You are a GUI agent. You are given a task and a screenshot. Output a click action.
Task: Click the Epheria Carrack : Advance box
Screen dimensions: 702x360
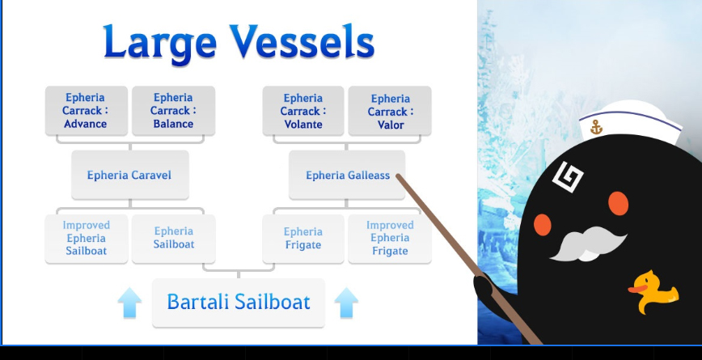[x=87, y=111]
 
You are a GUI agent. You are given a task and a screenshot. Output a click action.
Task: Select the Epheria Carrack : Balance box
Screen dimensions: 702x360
[x=173, y=111]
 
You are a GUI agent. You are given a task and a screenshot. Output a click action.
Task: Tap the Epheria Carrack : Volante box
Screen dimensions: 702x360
[x=303, y=111]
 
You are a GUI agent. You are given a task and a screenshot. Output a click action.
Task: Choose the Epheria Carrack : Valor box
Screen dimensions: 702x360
[x=390, y=111]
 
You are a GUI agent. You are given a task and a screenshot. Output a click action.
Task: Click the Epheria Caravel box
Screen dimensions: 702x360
[x=130, y=175]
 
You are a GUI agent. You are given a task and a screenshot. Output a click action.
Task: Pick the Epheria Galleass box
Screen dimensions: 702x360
[x=347, y=175]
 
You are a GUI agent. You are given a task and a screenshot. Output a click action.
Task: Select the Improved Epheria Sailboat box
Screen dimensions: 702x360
[x=87, y=239]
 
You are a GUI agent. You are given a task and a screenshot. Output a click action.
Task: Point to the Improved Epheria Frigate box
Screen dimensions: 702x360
[x=390, y=239]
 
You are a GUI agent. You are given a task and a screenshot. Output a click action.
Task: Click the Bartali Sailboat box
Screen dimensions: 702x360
[x=238, y=303]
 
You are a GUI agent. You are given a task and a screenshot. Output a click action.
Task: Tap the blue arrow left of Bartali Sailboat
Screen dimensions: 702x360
[x=130, y=303]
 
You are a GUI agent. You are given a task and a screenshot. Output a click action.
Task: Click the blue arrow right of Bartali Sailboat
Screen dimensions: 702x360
[x=346, y=303]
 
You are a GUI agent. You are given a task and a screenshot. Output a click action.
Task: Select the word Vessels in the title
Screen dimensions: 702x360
[x=302, y=41]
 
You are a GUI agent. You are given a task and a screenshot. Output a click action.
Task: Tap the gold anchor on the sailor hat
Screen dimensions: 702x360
[x=596, y=127]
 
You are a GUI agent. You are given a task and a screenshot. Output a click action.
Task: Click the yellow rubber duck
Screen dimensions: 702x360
[x=653, y=292]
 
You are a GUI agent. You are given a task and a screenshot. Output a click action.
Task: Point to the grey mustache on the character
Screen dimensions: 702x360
[x=588, y=244]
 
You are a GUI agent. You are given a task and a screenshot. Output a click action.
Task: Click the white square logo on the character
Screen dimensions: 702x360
[x=568, y=176]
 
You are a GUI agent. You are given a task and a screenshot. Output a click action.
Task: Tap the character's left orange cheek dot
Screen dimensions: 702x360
[x=542, y=225]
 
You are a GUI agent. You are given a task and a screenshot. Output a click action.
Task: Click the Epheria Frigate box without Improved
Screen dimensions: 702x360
[x=303, y=239]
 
